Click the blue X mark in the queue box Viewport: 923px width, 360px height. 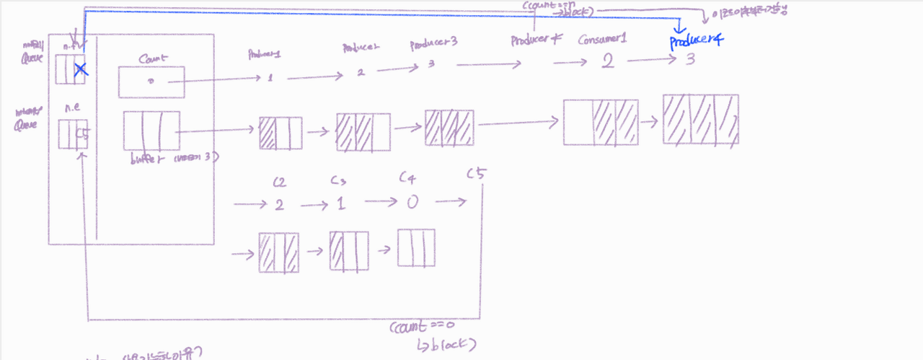(80, 69)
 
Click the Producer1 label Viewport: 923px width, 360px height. (264, 53)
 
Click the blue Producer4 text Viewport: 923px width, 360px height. (695, 40)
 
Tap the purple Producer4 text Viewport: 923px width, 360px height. (536, 40)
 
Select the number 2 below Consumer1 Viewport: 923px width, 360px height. (607, 62)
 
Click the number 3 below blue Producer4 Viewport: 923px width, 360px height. (689, 60)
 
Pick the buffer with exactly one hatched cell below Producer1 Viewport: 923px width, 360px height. (280, 133)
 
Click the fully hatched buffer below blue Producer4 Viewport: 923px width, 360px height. (700, 118)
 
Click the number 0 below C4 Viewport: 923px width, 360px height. (412, 202)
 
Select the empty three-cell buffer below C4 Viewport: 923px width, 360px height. (416, 247)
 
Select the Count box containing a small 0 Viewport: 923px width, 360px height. (151, 82)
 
